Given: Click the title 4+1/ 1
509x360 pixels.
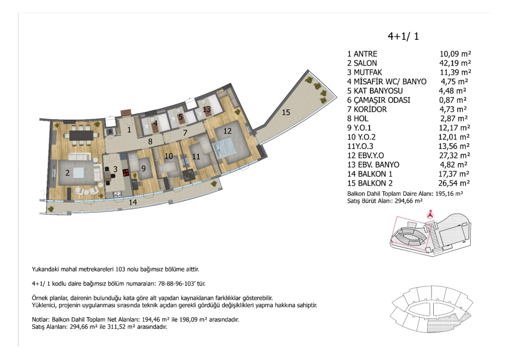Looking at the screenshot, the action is pyautogui.click(x=403, y=36).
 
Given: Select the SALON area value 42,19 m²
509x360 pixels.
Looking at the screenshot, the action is pyautogui.click(x=455, y=63).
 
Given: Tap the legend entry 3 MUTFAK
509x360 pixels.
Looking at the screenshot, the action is pyautogui.click(x=365, y=73).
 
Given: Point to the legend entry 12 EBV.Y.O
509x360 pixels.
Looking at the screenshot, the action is pyautogui.click(x=365, y=155).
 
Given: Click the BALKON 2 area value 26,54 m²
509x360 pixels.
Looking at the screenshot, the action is pyautogui.click(x=454, y=183).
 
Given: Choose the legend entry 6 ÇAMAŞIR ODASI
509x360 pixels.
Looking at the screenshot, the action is pyautogui.click(x=379, y=100).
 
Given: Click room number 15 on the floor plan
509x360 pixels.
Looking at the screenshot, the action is pyautogui.click(x=286, y=112).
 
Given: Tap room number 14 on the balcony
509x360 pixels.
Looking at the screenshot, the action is pyautogui.click(x=133, y=202).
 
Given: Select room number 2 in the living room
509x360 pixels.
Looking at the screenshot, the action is pyautogui.click(x=67, y=173).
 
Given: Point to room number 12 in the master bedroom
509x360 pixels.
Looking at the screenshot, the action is pyautogui.click(x=227, y=131).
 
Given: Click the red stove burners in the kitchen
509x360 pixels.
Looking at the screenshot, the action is pyautogui.click(x=126, y=172).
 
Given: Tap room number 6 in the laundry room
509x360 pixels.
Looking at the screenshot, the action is pyautogui.click(x=110, y=131).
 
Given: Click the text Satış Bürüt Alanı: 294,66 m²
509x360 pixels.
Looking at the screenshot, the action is pyautogui.click(x=385, y=201).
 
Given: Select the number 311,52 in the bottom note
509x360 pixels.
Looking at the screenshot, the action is pyautogui.click(x=116, y=327).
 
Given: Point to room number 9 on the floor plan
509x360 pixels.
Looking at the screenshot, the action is pyautogui.click(x=143, y=168).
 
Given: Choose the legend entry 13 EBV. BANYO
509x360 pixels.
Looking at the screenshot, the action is pyautogui.click(x=373, y=164).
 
